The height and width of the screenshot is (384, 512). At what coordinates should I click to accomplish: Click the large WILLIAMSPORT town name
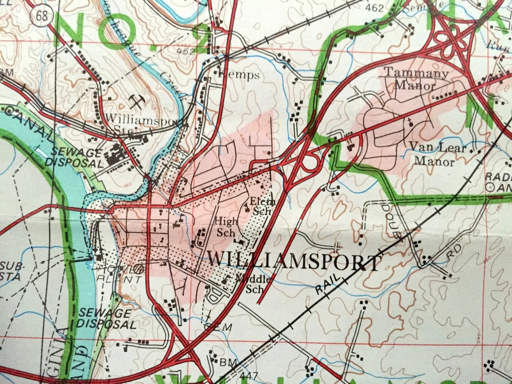point(294,261)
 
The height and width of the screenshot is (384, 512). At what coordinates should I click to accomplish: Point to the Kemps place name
point(238,75)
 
